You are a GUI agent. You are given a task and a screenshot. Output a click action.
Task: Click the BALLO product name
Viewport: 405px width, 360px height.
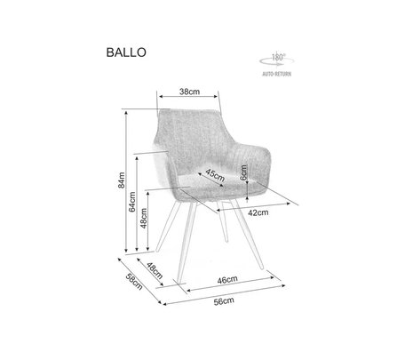coord(126,52)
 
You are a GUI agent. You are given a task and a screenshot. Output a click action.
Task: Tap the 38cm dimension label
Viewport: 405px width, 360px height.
coord(189,92)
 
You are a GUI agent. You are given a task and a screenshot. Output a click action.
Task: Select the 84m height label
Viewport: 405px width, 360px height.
coord(122,180)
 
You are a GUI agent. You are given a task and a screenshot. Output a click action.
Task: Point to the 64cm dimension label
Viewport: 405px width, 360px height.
coord(132,202)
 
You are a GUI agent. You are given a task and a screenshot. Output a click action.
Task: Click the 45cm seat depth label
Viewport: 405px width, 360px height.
coord(215,175)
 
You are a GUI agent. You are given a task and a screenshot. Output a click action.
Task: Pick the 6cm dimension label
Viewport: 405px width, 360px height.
coord(243,172)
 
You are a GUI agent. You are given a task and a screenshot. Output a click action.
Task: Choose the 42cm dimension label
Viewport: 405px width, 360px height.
coord(258,212)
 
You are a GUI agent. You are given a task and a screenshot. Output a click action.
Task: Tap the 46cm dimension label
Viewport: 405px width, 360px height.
coord(227,280)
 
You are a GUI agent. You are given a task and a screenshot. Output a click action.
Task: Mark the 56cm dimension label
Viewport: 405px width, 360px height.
coord(224,301)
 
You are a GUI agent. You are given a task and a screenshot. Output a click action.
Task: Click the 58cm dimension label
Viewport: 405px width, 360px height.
coord(134,282)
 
